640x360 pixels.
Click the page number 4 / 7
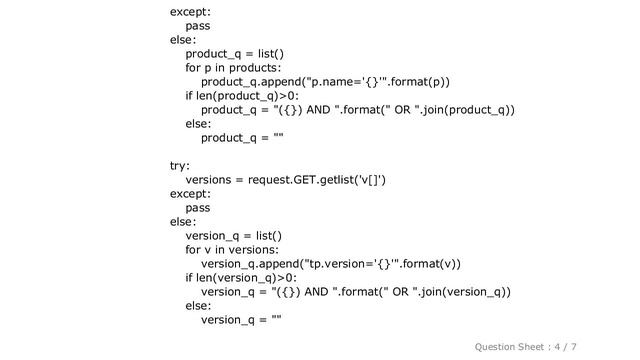coord(592,345)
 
